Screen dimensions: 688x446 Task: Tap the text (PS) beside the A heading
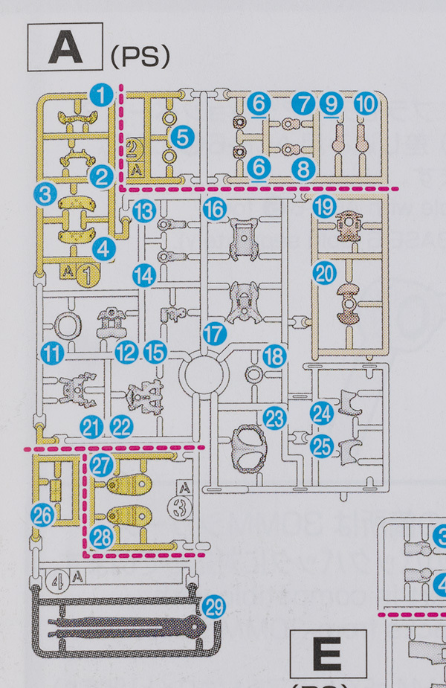[x=140, y=57]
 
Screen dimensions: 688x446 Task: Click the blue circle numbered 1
[x=101, y=94]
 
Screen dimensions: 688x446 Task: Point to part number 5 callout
[x=181, y=136]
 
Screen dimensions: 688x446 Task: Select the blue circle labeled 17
[x=214, y=334]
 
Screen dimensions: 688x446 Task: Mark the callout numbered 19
[x=323, y=208]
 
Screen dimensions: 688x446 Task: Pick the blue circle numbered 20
[x=323, y=274]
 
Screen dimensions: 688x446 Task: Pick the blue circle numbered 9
[x=332, y=104]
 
